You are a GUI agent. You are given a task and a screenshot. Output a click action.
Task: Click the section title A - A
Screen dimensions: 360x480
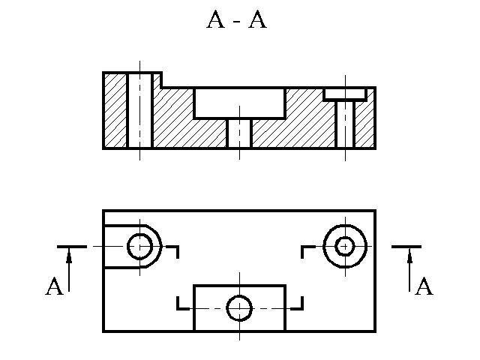coord(236,20)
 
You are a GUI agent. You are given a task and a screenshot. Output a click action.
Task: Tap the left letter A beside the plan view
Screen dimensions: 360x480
coord(54,287)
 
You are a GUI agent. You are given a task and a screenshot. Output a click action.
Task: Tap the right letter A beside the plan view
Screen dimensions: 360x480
coord(424,287)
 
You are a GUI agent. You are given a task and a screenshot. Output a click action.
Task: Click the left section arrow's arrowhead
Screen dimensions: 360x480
coord(69,257)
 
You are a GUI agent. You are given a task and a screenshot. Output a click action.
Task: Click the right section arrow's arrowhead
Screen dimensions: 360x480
coord(409,257)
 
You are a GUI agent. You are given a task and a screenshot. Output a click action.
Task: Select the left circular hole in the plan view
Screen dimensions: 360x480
coord(139,246)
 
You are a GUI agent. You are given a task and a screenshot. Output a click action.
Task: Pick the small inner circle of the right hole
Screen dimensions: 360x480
coord(345,246)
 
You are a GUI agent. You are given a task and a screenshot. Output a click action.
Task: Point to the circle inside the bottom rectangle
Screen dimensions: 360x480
coord(239,307)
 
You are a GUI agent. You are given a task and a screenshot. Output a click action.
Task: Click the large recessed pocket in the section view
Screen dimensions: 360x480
coord(239,103)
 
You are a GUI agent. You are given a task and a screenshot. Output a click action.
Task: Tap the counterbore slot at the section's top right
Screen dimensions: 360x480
coord(345,94)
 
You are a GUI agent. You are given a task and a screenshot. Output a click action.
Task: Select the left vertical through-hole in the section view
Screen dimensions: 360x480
coord(139,110)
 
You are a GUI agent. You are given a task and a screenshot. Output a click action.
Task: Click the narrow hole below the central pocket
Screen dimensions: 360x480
coord(239,133)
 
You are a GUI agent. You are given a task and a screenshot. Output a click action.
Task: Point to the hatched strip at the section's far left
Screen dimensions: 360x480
coord(115,110)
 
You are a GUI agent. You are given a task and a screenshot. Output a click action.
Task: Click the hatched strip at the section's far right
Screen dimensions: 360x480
coord(364,124)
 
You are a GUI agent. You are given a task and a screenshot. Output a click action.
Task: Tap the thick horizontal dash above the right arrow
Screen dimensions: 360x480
coord(406,246)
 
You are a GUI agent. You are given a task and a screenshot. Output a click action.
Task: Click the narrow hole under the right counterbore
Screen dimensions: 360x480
coord(345,124)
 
